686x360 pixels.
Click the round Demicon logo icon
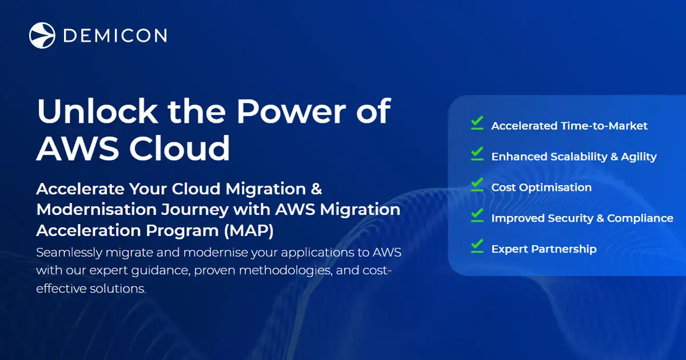[42, 35]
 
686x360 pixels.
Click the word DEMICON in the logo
[114, 35]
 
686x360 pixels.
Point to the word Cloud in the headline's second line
[180, 148]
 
